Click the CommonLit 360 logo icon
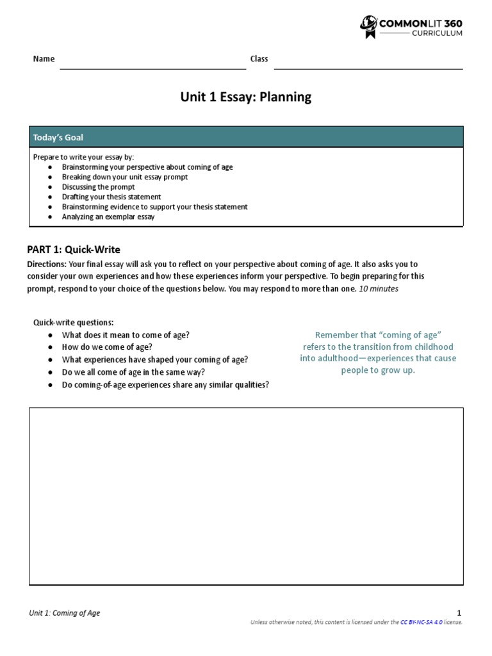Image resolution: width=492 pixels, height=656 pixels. click(368, 28)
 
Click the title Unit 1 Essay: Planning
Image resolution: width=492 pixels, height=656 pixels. click(245, 97)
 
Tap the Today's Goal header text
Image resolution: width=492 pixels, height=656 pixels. click(58, 137)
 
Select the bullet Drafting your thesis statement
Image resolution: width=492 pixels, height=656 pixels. click(111, 197)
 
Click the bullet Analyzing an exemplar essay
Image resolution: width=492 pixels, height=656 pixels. click(108, 217)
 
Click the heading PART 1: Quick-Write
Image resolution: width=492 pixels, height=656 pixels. click(73, 249)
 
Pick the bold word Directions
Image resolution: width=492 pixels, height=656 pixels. click(46, 264)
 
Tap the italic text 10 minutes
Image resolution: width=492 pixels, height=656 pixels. click(379, 288)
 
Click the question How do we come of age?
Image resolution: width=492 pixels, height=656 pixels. click(107, 347)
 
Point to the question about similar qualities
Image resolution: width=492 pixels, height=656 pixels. click(165, 384)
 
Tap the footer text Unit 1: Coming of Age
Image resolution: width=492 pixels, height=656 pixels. click(65, 613)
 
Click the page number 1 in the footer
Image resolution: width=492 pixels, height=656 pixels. click(459, 613)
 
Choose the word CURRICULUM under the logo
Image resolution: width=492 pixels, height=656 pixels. click(438, 33)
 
